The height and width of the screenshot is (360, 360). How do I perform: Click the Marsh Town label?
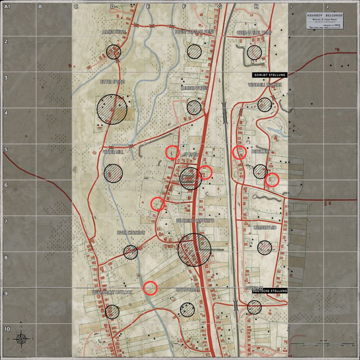point(114,32)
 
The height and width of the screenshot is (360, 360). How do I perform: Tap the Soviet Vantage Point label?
point(194,32)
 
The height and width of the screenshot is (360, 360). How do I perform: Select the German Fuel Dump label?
point(254,33)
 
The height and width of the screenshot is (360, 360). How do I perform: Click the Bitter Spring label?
point(112,82)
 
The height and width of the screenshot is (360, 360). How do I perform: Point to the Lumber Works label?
point(194,88)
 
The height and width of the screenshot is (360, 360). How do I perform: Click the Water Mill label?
point(113,152)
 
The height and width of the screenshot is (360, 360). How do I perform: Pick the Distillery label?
point(261,152)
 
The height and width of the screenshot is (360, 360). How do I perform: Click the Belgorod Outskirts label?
point(195,221)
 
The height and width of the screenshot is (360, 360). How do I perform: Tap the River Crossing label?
point(131,233)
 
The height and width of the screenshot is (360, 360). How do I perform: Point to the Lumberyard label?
point(265,228)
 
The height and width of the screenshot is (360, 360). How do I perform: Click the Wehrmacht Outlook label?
point(112,292)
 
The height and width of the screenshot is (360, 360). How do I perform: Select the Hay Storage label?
point(188,290)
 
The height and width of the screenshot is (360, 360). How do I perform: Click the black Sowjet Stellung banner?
point(269,75)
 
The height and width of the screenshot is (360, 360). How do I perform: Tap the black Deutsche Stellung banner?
point(270,291)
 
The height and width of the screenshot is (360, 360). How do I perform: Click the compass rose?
point(21,339)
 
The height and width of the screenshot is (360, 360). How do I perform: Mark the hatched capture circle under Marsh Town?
point(114,52)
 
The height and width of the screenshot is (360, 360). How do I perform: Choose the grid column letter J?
point(327,6)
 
